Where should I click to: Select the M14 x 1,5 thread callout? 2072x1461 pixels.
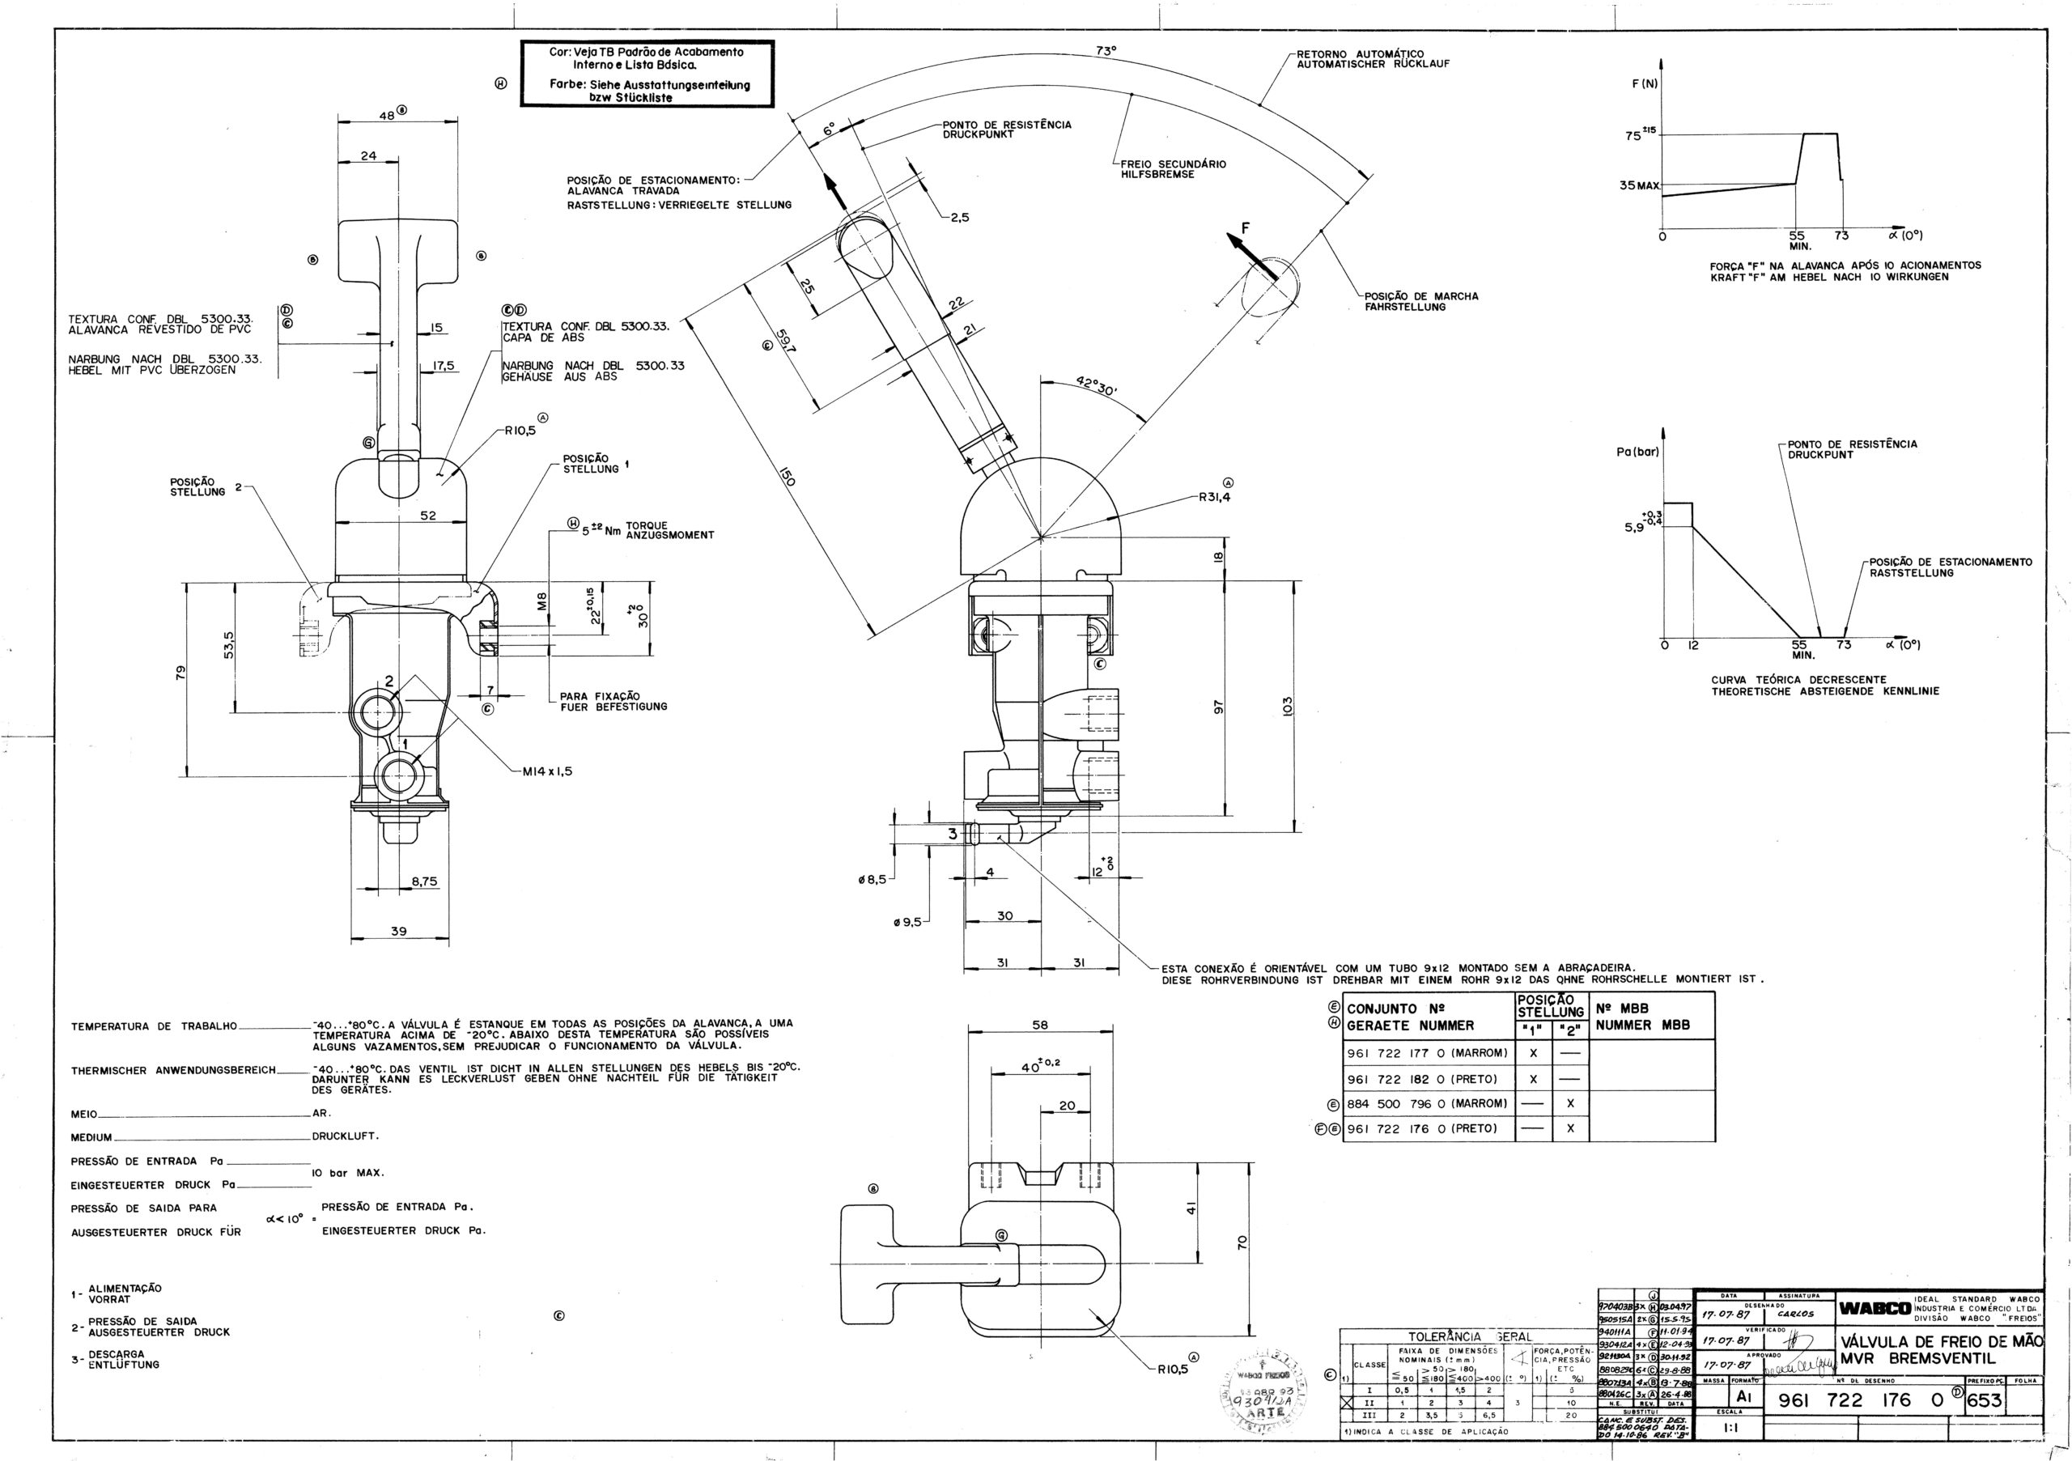[547, 771]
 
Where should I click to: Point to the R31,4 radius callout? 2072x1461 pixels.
[1216, 496]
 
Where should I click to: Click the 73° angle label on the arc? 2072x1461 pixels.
[1106, 52]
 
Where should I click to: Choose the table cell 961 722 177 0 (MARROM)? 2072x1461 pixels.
[1428, 1053]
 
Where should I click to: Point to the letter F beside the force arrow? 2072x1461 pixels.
[1246, 229]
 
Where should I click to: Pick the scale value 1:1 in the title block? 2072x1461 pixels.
[1732, 1429]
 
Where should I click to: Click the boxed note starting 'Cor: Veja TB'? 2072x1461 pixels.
[647, 74]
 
